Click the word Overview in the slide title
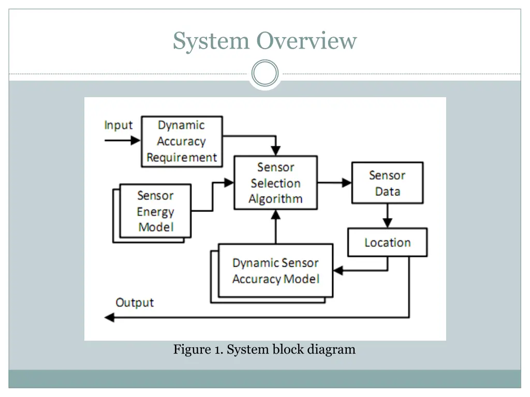pyautogui.click(x=307, y=41)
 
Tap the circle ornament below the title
pyautogui.click(x=265, y=73)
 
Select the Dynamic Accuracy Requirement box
pyautogui.click(x=182, y=141)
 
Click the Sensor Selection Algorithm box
pyautogui.click(x=275, y=183)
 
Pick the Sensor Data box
pyautogui.click(x=387, y=183)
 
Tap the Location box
pyautogui.click(x=387, y=242)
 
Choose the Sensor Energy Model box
pyautogui.click(x=155, y=211)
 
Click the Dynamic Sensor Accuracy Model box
pyautogui.click(x=275, y=271)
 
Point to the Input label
pyautogui.click(x=119, y=126)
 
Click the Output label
pyautogui.click(x=135, y=302)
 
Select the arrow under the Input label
pyautogui.click(x=123, y=140)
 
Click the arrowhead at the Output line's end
pyautogui.click(x=109, y=317)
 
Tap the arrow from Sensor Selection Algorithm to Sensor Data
pyautogui.click(x=334, y=182)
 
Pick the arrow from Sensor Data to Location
pyautogui.click(x=387, y=216)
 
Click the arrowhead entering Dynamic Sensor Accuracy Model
pyautogui.click(x=338, y=270)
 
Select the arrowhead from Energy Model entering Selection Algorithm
pyautogui.click(x=229, y=182)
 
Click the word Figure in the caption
pyautogui.click(x=190, y=349)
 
